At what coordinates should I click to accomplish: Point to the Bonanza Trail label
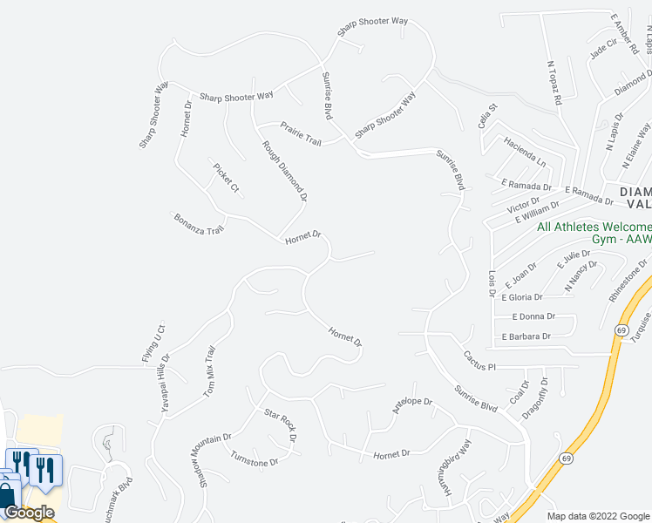(x=199, y=223)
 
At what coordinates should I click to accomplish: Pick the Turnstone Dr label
(x=254, y=458)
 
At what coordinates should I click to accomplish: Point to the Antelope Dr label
(x=413, y=408)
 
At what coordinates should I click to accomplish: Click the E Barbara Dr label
(x=526, y=336)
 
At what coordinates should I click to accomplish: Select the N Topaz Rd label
(x=554, y=83)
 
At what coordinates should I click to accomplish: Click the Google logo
(x=29, y=513)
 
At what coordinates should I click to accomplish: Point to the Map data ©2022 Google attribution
(x=597, y=516)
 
